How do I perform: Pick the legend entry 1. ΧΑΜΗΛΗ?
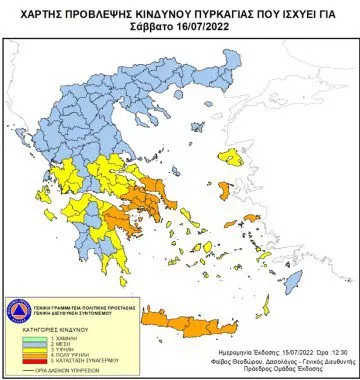50,338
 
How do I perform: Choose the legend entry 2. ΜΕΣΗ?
47,343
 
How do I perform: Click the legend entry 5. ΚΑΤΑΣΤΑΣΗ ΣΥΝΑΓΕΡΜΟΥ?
64,360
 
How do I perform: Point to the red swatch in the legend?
25,360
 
